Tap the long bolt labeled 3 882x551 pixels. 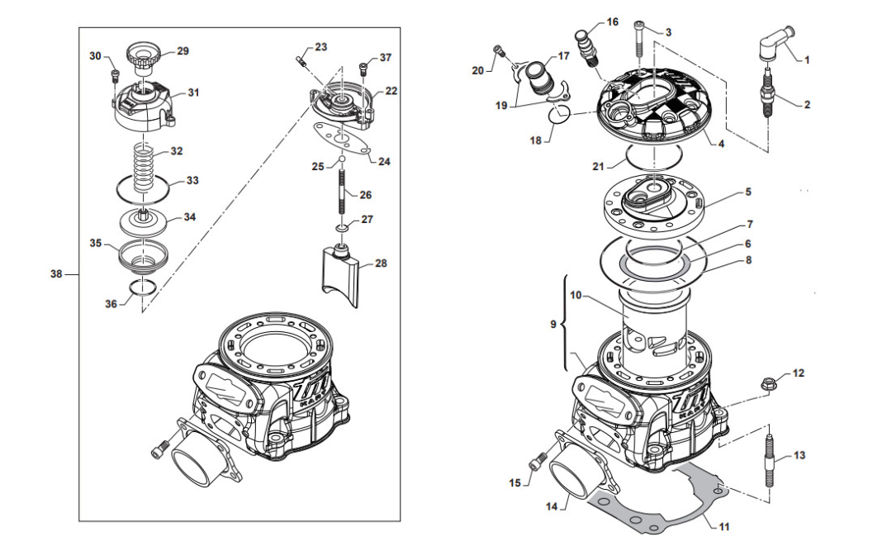click(639, 38)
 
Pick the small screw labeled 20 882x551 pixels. click(497, 50)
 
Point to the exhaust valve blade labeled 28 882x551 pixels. click(341, 274)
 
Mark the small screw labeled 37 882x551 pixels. click(363, 69)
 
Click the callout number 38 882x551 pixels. click(56, 274)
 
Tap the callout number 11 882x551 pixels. click(724, 527)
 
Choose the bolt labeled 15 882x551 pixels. click(535, 462)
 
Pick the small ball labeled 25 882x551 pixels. click(341, 159)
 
